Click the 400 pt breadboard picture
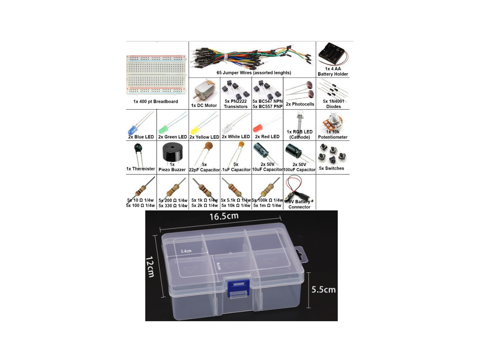(x=156, y=74)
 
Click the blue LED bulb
(x=131, y=130)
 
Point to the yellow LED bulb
(x=194, y=130)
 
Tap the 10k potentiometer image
(x=332, y=123)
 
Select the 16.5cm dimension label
(x=224, y=216)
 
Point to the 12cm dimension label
(x=150, y=267)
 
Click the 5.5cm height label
(x=323, y=290)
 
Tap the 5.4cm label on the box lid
(x=186, y=251)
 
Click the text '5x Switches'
(x=332, y=168)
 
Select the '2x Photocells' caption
(x=300, y=104)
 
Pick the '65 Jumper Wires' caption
(x=234, y=73)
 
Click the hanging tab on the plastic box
(x=302, y=255)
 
